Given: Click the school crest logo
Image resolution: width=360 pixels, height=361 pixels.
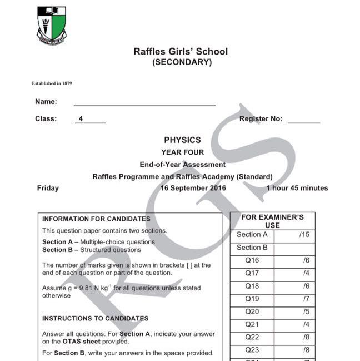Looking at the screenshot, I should (51, 25).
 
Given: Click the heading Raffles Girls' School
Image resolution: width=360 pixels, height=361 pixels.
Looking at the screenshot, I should (180, 52).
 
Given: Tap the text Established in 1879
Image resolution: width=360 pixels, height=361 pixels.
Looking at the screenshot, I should (52, 83).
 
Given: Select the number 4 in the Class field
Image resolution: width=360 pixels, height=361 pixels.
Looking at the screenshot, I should (81, 119).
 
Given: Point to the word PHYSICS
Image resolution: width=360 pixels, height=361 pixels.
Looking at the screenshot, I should (182, 140).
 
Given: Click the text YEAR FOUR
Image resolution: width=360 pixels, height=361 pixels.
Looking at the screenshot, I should (182, 152).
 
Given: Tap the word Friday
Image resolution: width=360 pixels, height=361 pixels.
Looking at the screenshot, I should (48, 188).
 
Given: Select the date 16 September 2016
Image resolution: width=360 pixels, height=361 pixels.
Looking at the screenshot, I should (193, 188).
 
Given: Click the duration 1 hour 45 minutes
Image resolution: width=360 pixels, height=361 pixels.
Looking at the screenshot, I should (297, 188).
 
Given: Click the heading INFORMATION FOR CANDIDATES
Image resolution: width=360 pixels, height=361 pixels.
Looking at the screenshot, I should (96, 219).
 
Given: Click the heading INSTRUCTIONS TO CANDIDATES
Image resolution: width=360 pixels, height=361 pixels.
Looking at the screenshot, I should (95, 319).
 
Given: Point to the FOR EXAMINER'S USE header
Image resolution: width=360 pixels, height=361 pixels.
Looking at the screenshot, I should (272, 221).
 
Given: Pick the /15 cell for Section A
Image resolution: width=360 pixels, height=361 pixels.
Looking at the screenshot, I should (304, 235).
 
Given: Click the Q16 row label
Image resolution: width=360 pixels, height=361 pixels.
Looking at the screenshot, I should (252, 260).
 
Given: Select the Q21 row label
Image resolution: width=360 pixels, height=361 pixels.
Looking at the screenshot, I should (252, 324).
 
